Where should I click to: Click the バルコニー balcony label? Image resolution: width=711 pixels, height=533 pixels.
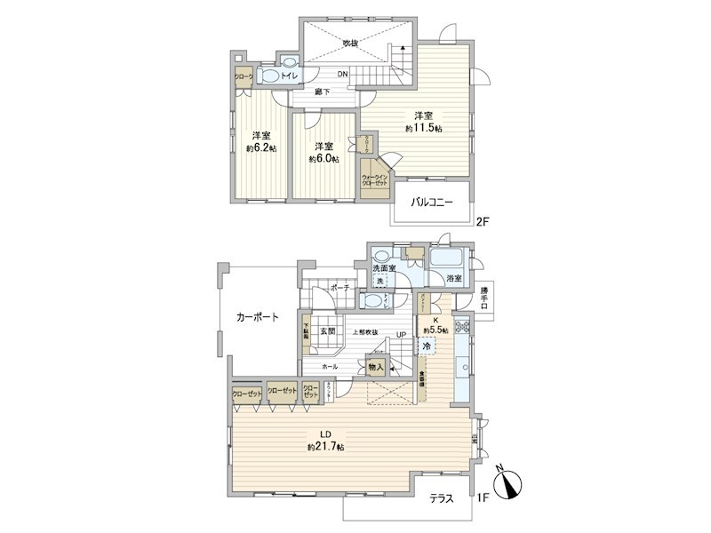click(x=432, y=203)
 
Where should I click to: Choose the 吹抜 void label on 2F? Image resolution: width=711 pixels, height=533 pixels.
click(x=351, y=43)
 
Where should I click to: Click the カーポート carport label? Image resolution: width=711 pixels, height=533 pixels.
click(x=258, y=316)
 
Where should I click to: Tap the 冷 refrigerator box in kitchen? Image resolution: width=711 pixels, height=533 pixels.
click(x=427, y=346)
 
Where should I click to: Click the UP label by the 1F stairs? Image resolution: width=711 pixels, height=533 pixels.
click(x=402, y=335)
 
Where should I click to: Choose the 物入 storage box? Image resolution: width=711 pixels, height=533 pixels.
click(x=376, y=366)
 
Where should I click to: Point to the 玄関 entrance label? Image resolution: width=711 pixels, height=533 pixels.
click(x=328, y=332)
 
